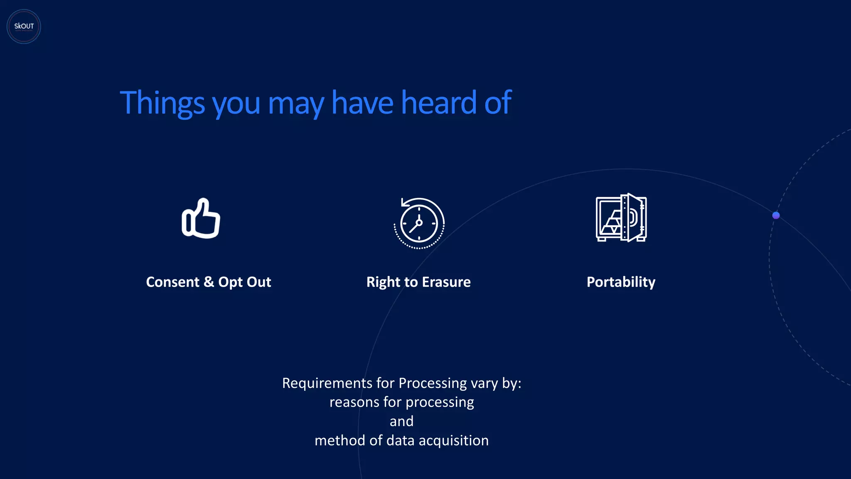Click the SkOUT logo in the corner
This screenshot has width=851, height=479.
tap(24, 27)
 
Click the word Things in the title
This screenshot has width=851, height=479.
tap(162, 103)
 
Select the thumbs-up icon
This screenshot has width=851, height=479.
tap(201, 218)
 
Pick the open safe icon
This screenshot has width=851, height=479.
tap(621, 217)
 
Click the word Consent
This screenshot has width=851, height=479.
tap(172, 282)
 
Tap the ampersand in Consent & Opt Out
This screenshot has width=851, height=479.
tap(209, 282)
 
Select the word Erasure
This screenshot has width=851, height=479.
tap(446, 282)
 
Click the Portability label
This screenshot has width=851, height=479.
tap(621, 282)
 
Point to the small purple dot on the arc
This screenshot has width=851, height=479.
tap(776, 215)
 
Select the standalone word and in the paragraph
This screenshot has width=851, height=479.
tap(401, 421)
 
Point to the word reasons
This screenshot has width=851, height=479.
tap(354, 402)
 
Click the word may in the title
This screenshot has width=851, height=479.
tap(296, 103)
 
